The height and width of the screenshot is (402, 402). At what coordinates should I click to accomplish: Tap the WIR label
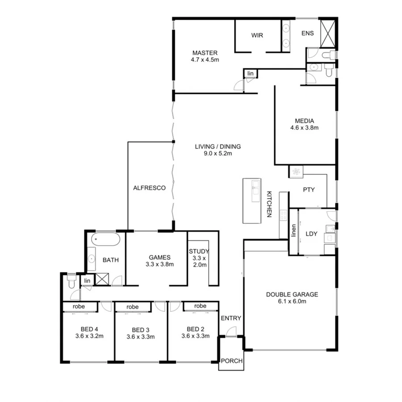[x=257, y=35]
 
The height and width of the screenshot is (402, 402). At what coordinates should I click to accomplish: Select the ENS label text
[x=307, y=33]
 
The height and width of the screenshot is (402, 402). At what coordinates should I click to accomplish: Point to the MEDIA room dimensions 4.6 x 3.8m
[x=304, y=127]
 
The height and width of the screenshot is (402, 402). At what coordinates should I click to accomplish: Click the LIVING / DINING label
[x=218, y=146]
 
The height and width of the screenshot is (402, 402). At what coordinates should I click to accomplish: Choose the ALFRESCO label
[x=150, y=188]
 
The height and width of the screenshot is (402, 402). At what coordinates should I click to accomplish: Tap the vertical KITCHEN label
[x=269, y=204]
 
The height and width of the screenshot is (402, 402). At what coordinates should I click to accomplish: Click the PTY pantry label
[x=309, y=189]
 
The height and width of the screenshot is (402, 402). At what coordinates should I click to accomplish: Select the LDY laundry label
[x=311, y=233]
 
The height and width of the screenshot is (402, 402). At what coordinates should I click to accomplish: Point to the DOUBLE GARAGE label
[x=292, y=294]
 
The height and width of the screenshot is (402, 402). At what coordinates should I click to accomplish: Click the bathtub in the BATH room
[x=106, y=240]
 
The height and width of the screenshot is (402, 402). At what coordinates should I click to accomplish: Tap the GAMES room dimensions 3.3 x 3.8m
[x=159, y=264]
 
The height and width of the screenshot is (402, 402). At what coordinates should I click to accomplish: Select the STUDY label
[x=199, y=251]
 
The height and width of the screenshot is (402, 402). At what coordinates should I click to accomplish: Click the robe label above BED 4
[x=80, y=306]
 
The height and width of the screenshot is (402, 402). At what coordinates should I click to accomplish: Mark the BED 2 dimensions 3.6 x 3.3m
[x=195, y=336]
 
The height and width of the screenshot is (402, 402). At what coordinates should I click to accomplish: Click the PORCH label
[x=231, y=361]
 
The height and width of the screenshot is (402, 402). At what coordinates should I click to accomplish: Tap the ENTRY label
[x=231, y=318]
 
